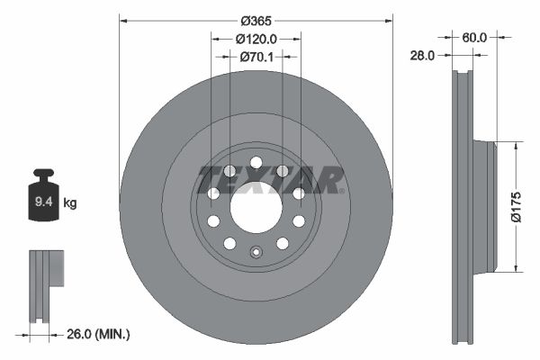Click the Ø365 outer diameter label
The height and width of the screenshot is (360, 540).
256,21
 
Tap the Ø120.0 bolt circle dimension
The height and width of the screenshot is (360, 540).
256,39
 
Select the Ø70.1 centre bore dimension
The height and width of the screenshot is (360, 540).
256,57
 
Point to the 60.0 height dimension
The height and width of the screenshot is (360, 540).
474,38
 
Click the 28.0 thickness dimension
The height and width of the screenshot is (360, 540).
422,55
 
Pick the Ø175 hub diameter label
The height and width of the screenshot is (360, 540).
517,207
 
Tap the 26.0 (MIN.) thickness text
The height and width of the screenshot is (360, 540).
98,334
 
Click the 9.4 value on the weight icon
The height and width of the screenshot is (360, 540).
44,202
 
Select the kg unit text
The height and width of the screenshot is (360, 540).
70,202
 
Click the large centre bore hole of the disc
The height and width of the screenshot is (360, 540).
256,207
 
